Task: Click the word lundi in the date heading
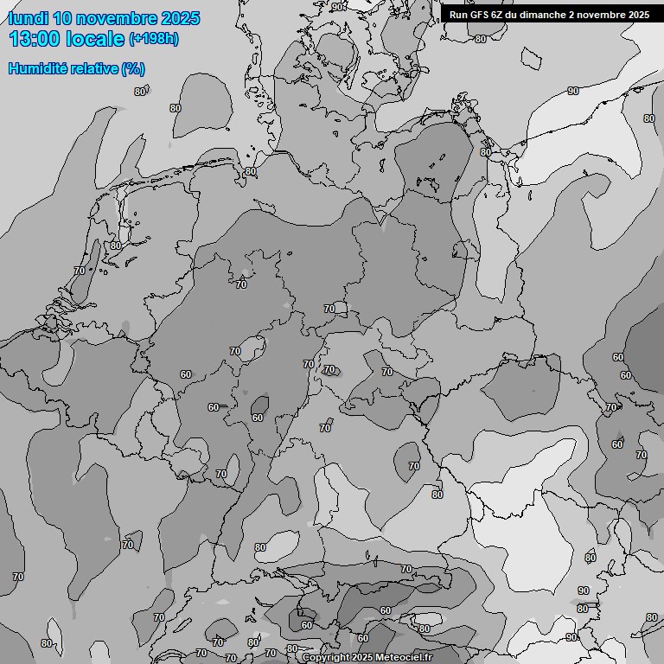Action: click(x=29, y=18)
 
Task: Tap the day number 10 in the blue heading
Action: click(x=63, y=18)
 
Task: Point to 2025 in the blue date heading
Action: click(x=180, y=18)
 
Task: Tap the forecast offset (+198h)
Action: click(x=154, y=39)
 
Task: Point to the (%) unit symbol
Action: click(x=133, y=68)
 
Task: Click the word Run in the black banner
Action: click(x=458, y=15)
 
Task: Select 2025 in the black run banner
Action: click(x=638, y=15)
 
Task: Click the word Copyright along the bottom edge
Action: click(x=326, y=658)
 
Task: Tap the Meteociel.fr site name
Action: click(x=410, y=658)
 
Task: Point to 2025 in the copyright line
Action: click(x=364, y=658)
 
